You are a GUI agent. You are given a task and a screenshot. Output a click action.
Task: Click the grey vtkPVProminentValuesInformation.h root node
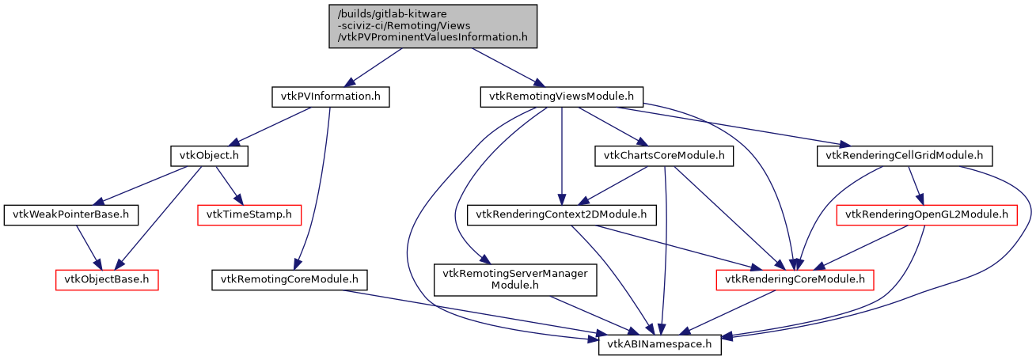click(x=433, y=26)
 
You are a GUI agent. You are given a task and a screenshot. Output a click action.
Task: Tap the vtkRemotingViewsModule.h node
click(x=561, y=97)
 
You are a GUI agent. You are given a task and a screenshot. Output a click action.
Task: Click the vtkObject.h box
click(x=209, y=156)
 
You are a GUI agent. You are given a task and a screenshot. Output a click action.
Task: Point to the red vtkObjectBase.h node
click(x=107, y=279)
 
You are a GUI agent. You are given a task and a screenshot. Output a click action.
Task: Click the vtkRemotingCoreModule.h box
click(x=289, y=279)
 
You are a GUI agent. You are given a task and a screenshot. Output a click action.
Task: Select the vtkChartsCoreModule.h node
click(x=663, y=156)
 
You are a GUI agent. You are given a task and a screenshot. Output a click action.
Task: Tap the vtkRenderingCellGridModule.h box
click(x=904, y=156)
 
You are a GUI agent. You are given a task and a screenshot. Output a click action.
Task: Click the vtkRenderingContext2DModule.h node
click(x=562, y=214)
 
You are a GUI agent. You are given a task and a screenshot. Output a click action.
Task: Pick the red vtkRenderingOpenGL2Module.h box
click(x=927, y=214)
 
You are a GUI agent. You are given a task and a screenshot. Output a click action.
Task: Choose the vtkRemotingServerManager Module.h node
click(x=516, y=279)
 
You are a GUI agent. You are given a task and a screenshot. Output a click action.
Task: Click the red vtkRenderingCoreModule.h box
click(x=795, y=279)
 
